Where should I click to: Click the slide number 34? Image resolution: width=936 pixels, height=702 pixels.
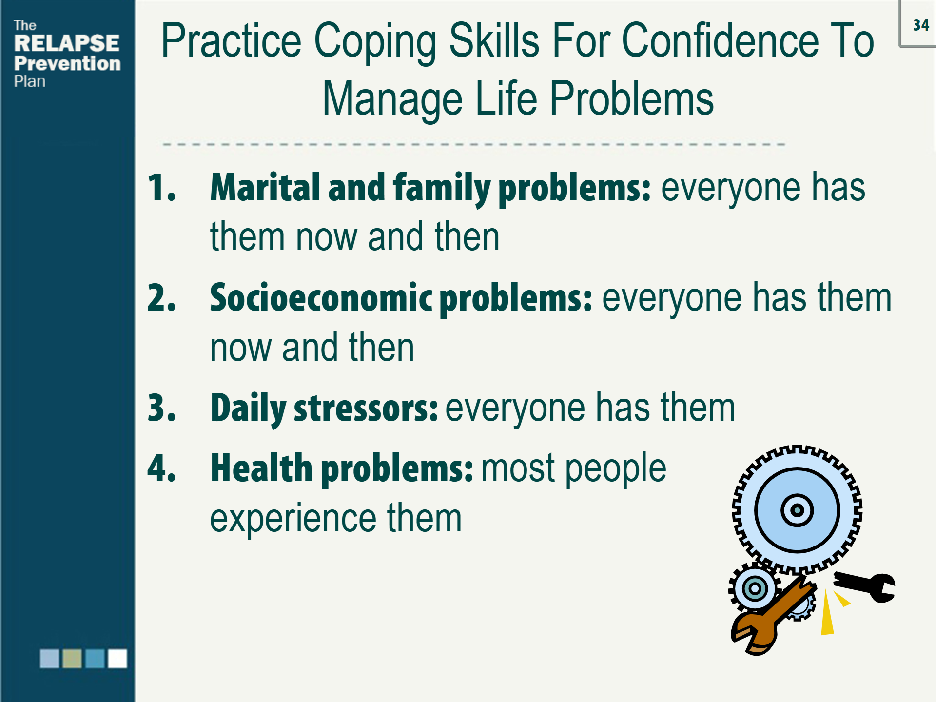pos(921,25)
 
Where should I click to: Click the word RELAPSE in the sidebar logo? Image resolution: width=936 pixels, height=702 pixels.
pos(67,43)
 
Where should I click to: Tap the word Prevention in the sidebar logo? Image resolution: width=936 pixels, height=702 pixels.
pos(67,63)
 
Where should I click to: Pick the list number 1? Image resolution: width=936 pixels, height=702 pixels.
pos(161,187)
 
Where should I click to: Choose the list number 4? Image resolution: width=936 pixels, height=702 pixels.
pos(161,468)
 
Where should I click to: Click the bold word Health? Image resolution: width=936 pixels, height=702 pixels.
pos(261,468)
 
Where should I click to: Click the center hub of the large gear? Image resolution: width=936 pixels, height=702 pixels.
pos(797,510)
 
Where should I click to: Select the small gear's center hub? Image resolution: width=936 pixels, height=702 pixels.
pos(755,588)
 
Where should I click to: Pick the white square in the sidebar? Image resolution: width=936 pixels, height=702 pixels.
pos(117,658)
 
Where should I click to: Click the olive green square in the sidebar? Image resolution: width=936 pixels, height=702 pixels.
pos(72,658)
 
